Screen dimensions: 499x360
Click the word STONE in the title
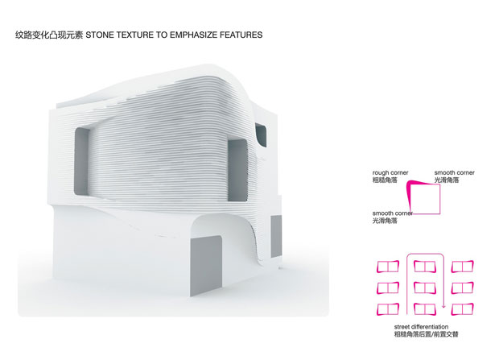[100, 35]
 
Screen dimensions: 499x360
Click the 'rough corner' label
[390, 172]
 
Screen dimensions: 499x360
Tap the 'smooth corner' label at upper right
[455, 172]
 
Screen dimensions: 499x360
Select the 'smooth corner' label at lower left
[393, 213]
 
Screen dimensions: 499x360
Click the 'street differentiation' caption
[422, 326]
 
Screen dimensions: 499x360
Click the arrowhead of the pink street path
[443, 307]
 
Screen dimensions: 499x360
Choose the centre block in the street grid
[425, 288]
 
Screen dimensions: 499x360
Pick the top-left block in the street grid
[388, 267]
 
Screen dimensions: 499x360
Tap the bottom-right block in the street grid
[463, 309]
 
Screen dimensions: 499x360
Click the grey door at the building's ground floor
[206, 266]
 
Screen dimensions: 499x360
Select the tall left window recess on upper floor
[82, 161]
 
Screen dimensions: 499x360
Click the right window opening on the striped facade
[237, 170]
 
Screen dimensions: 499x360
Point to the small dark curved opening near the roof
[261, 134]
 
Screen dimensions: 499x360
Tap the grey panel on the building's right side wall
[276, 236]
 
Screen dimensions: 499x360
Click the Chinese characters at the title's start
[49, 35]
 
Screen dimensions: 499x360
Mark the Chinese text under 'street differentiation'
[426, 334]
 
